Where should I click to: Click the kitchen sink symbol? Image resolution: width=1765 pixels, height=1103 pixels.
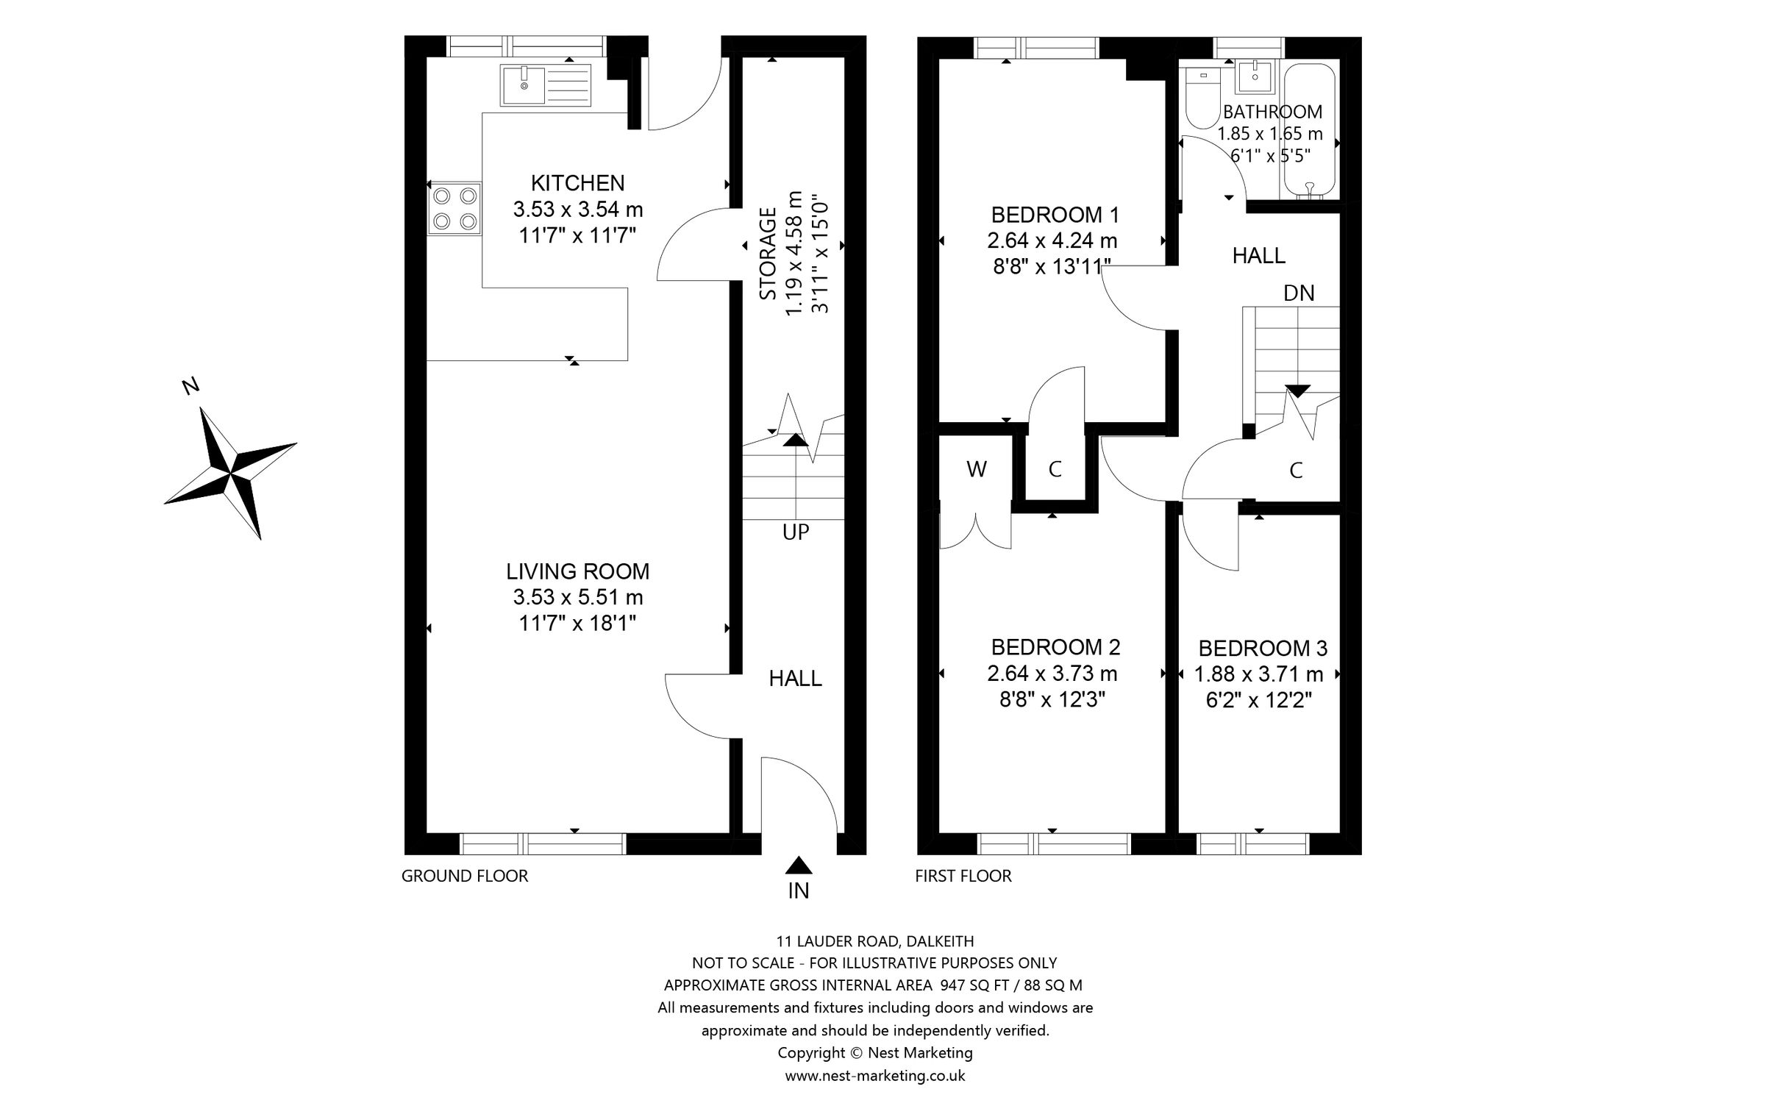pyautogui.click(x=546, y=85)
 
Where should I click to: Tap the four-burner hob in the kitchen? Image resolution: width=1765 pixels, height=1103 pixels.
pyautogui.click(x=454, y=209)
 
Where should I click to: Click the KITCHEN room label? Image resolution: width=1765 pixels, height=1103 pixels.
pyautogui.click(x=578, y=183)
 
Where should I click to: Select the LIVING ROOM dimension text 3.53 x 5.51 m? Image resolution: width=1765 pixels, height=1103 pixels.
pyautogui.click(x=578, y=597)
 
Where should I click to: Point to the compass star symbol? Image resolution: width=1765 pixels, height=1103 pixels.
pyautogui.click(x=232, y=471)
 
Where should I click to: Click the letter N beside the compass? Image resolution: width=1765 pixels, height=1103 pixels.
pyautogui.click(x=191, y=386)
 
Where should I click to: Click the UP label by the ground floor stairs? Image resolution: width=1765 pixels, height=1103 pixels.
pyautogui.click(x=796, y=532)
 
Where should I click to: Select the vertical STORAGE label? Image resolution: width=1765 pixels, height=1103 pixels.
pyautogui.click(x=768, y=254)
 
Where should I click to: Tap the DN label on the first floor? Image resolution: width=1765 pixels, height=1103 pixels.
pyautogui.click(x=1299, y=293)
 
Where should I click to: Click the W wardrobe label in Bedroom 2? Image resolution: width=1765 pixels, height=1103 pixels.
pyautogui.click(x=977, y=469)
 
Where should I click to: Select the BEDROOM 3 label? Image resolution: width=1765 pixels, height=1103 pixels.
pyautogui.click(x=1263, y=649)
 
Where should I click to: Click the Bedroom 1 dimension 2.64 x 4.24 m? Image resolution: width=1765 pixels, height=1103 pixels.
pyautogui.click(x=1052, y=240)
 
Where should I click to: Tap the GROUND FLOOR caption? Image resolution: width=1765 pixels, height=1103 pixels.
pyautogui.click(x=465, y=876)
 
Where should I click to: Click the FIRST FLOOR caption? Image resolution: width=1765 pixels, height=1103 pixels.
pyautogui.click(x=963, y=876)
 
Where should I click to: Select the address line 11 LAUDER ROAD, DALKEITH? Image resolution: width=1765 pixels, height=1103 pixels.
pyautogui.click(x=875, y=941)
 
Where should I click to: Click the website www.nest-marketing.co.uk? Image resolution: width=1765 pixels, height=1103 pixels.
pyautogui.click(x=875, y=1076)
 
